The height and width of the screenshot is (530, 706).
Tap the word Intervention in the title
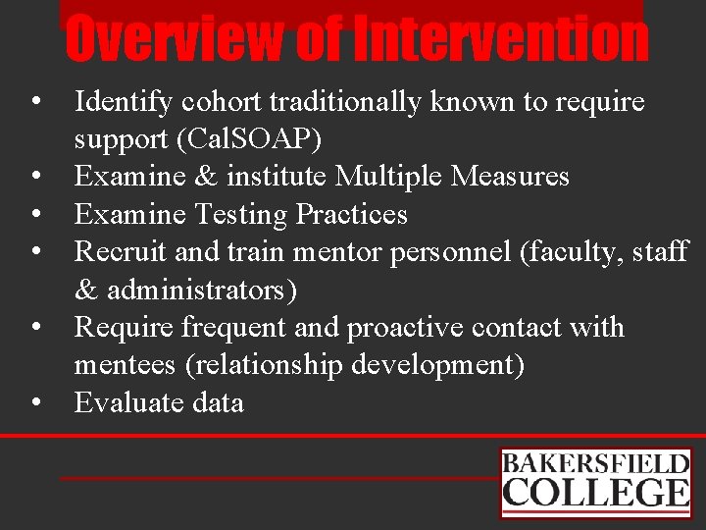tap(501, 39)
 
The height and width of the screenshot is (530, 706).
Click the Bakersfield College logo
tap(595, 482)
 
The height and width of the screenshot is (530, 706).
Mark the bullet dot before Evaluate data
tap(35, 402)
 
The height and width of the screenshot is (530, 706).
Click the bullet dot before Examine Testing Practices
tap(35, 214)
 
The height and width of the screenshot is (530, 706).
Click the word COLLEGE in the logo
tap(595, 493)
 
